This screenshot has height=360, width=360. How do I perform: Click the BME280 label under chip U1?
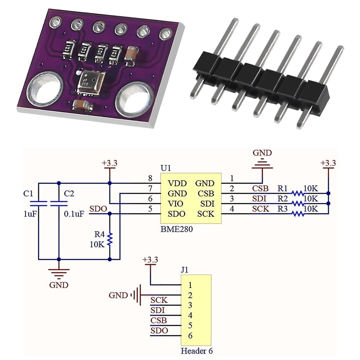click(176, 229)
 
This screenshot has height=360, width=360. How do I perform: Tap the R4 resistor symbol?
click(109, 239)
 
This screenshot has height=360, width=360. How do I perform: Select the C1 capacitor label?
click(28, 193)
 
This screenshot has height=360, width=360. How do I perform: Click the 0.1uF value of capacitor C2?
click(74, 214)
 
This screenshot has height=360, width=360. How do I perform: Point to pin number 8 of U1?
click(150, 178)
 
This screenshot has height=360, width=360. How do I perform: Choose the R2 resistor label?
click(283, 198)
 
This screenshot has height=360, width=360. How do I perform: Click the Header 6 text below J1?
click(199, 351)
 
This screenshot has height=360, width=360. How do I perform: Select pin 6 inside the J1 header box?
click(190, 336)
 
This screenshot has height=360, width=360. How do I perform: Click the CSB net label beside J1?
click(159, 320)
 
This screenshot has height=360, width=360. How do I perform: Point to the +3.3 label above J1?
click(150, 260)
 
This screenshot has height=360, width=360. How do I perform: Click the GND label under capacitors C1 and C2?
click(59, 285)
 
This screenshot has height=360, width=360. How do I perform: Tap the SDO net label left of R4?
click(98, 209)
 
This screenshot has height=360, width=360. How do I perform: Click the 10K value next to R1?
click(311, 188)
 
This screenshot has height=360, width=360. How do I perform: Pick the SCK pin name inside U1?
click(206, 214)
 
